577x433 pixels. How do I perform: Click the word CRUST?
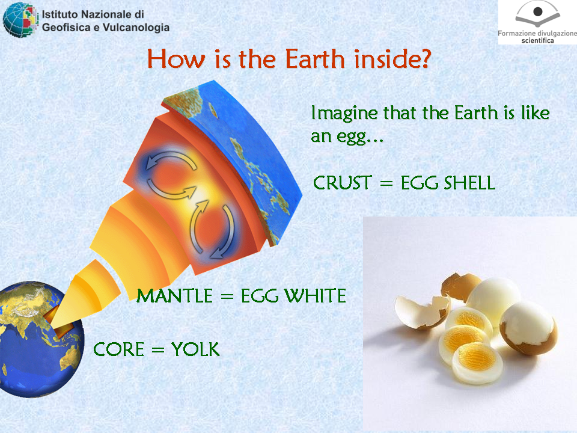[342, 183]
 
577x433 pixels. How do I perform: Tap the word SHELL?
[469, 183]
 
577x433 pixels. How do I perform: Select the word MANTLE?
[174, 296]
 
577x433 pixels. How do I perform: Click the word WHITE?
[315, 296]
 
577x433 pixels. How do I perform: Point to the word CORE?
[118, 349]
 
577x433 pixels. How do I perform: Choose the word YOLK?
[195, 349]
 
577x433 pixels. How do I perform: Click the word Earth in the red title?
[315, 59]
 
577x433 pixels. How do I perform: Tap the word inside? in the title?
[392, 59]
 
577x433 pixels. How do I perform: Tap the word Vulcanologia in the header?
[136, 28]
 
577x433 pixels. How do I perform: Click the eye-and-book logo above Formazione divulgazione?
[537, 14]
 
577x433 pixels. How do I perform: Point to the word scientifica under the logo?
[537, 40]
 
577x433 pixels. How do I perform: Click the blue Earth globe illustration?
[40, 339]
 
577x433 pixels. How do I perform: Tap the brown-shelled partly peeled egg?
[528, 328]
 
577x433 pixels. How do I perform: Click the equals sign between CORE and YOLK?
[157, 350]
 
